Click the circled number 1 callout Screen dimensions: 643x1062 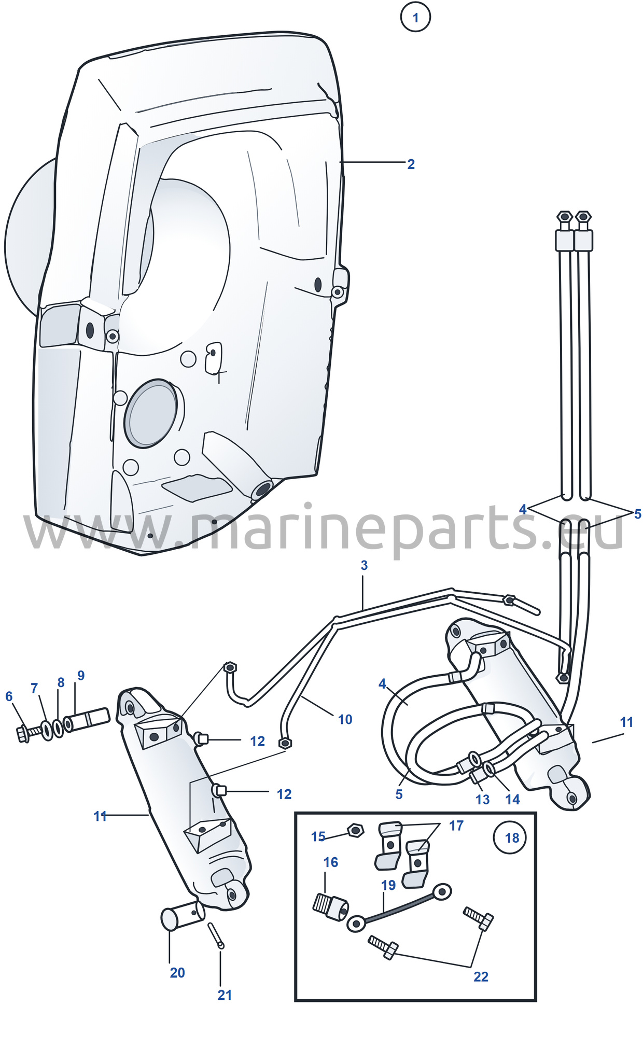(415, 17)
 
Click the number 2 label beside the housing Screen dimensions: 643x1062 (411, 164)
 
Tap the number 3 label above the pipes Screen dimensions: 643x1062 (364, 565)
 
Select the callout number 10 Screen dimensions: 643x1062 (345, 719)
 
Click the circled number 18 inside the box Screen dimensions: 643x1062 (512, 837)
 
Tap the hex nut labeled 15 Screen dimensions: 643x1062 (355, 830)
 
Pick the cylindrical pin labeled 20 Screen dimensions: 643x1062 (183, 918)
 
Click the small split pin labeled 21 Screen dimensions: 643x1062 (216, 935)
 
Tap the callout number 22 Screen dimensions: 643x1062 (481, 976)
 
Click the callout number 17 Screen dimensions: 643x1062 (456, 826)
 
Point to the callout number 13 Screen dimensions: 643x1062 (482, 800)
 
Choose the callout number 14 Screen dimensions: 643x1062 (512, 800)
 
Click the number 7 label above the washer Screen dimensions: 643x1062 (34, 688)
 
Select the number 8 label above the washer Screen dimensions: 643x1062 (61, 682)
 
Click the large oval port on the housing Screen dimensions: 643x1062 (150, 413)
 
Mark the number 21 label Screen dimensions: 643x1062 (225, 995)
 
